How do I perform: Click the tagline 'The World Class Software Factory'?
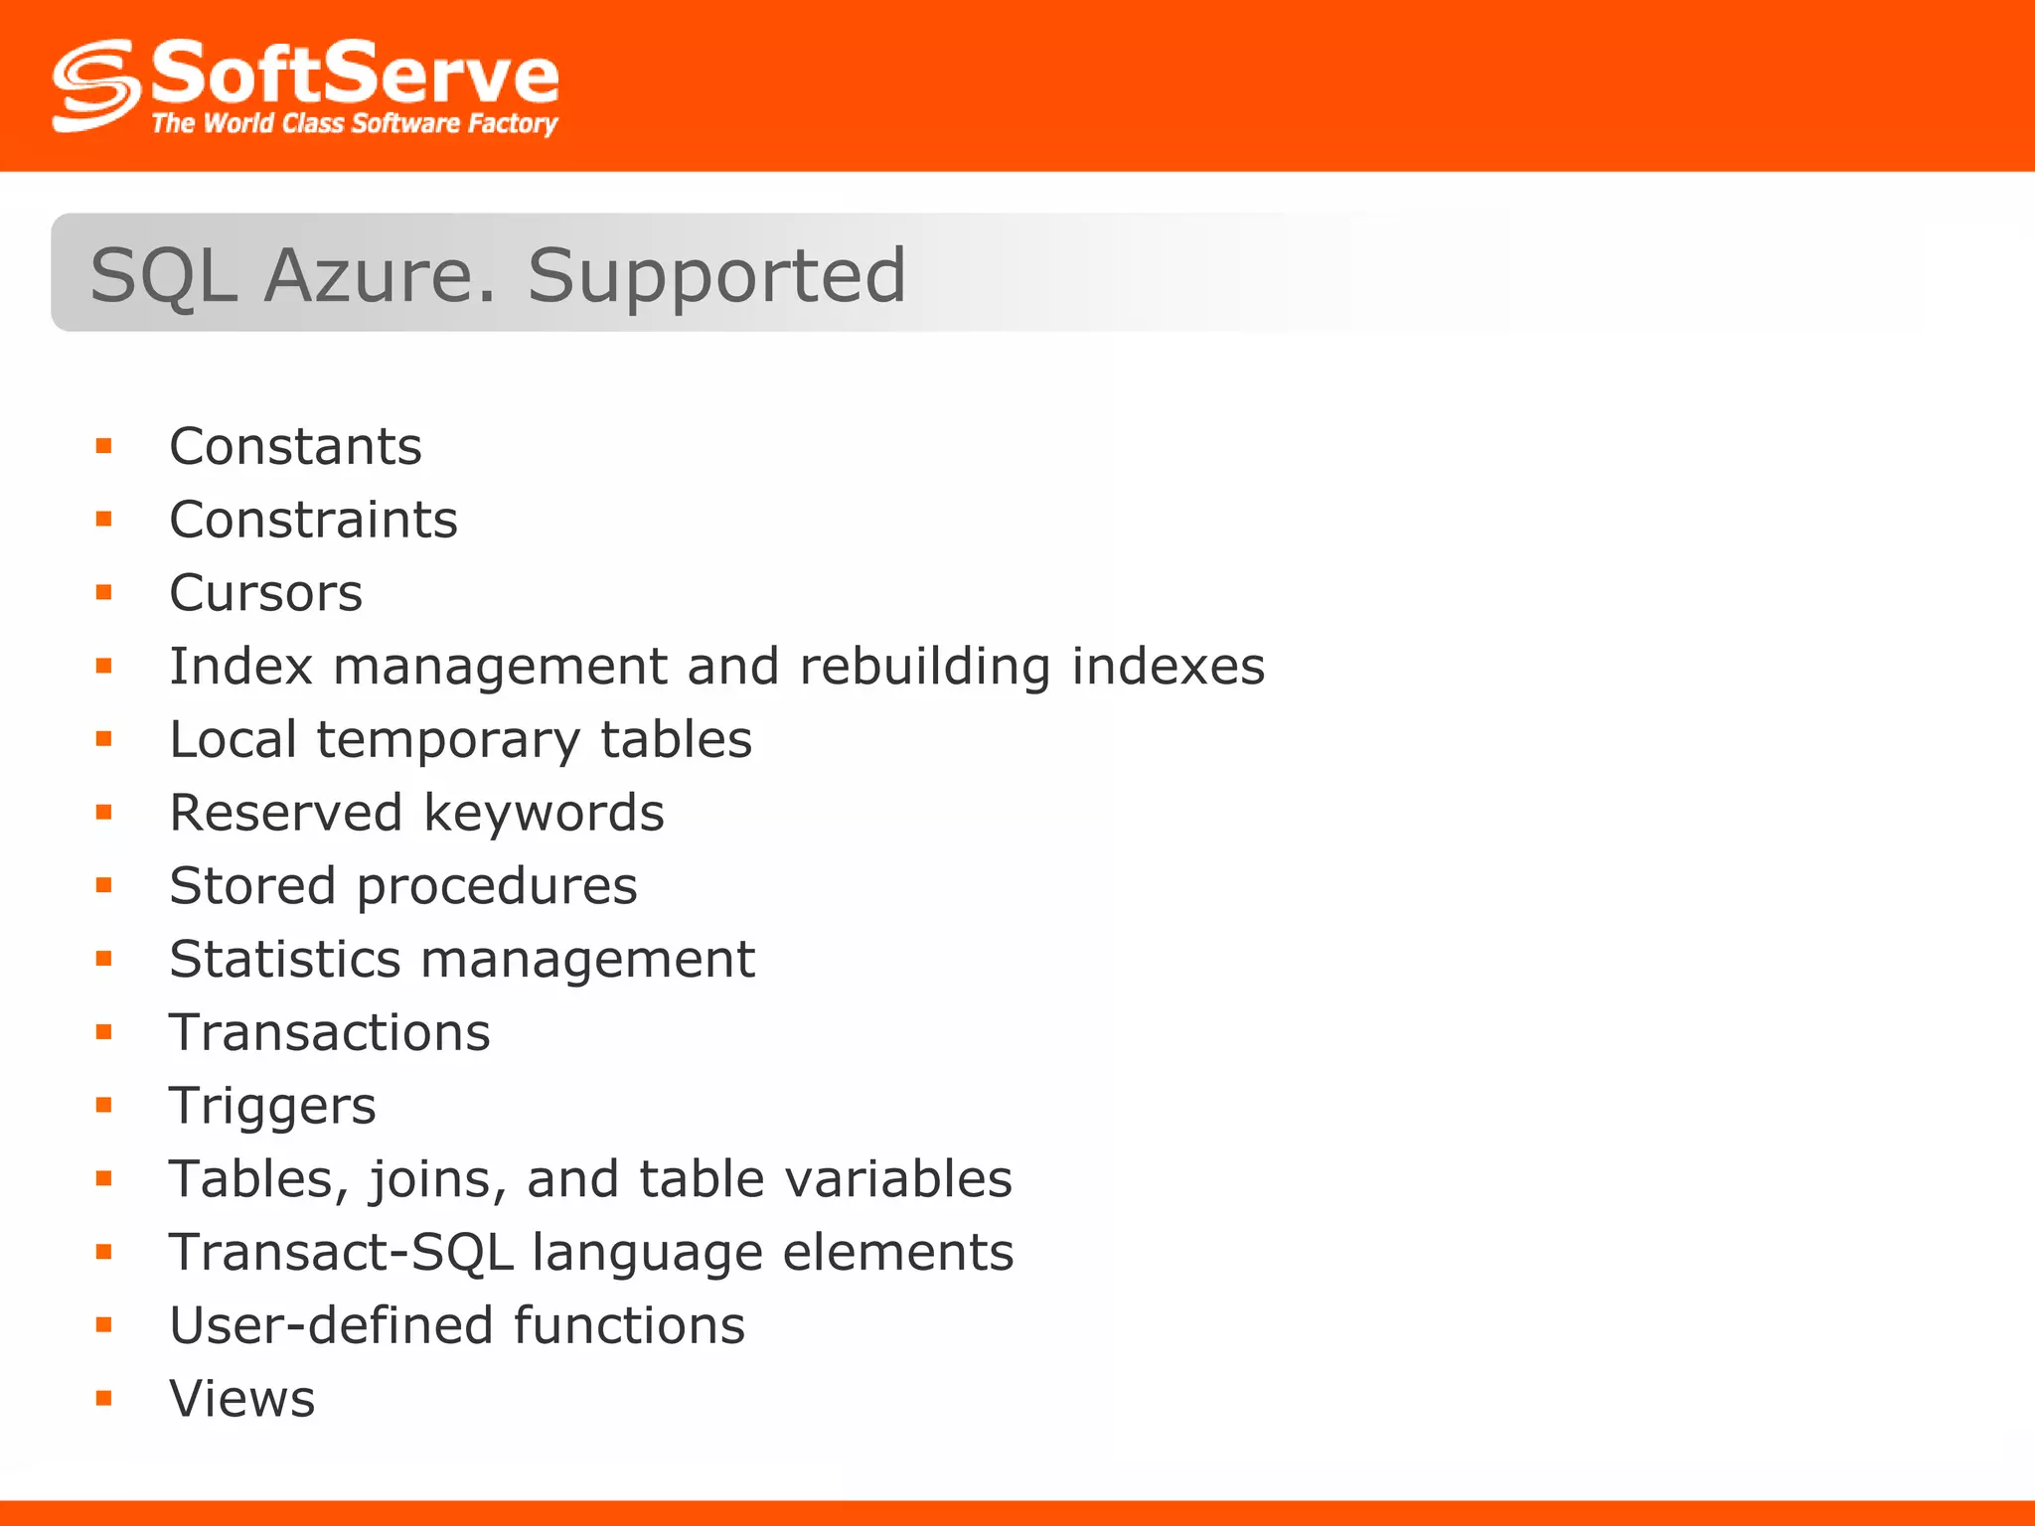click(x=355, y=123)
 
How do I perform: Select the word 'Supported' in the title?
click(x=716, y=275)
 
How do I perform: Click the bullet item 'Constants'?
click(x=296, y=446)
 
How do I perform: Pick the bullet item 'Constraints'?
click(x=314, y=520)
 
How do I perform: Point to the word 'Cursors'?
click(x=266, y=593)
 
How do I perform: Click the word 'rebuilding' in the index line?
click(x=924, y=666)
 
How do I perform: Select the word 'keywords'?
click(x=544, y=813)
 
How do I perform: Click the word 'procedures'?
click(x=497, y=886)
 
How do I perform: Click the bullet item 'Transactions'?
click(x=330, y=1032)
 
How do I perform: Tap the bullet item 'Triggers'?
click(x=273, y=1106)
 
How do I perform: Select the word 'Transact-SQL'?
click(x=341, y=1252)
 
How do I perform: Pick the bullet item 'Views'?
click(x=242, y=1399)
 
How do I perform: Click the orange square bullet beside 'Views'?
click(x=104, y=1399)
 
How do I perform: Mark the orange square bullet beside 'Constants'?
click(x=104, y=446)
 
